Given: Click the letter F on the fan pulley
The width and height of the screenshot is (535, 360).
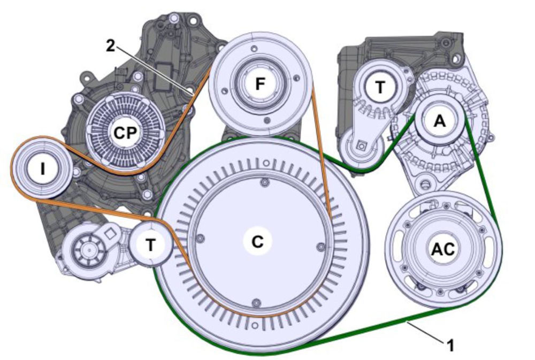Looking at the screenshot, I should (260, 84).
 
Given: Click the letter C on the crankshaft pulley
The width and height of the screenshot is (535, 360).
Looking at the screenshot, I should (257, 241).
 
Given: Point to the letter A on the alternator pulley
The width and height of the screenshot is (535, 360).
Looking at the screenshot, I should (439, 121).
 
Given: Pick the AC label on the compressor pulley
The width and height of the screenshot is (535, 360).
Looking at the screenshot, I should (443, 248).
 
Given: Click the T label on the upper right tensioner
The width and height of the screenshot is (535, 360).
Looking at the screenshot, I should (380, 87).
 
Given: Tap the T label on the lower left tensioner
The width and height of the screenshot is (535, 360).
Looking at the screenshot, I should (151, 245).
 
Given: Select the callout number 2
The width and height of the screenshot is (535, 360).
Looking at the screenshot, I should (110, 46).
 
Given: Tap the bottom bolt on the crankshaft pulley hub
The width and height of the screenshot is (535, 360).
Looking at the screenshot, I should (255, 301).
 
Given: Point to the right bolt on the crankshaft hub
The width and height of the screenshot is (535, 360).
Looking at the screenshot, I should (321, 247).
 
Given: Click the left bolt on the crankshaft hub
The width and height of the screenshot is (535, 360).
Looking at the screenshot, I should (199, 237).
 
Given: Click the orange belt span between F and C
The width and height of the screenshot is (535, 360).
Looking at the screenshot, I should (322, 155).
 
